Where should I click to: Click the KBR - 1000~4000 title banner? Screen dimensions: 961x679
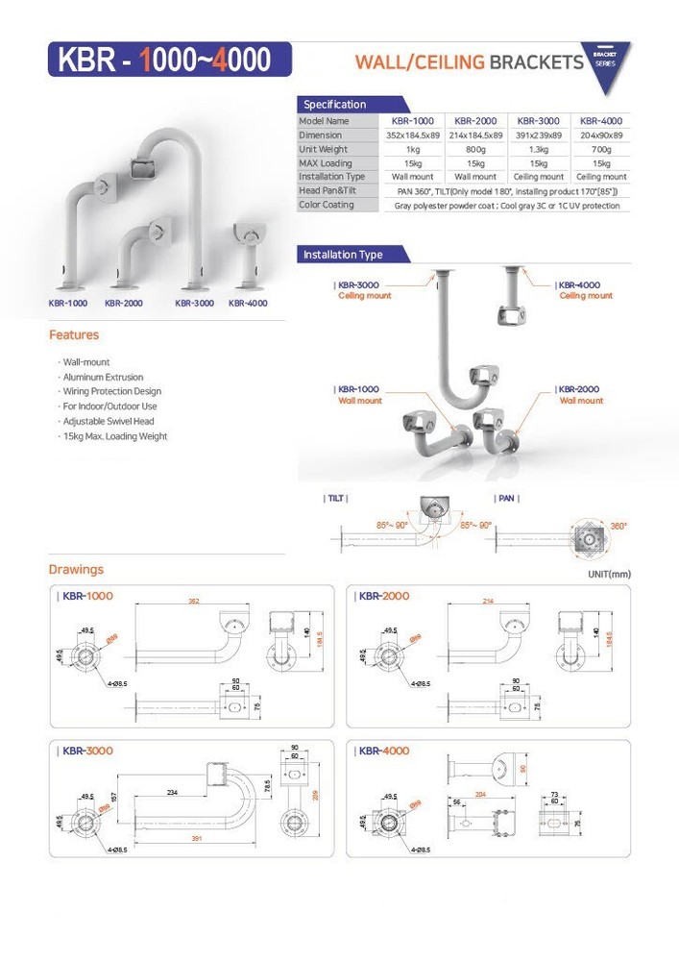(164, 60)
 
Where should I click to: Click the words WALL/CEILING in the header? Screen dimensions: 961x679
(420, 62)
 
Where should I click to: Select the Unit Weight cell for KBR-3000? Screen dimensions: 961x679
(538, 149)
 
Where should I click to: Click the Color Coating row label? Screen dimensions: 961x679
(327, 205)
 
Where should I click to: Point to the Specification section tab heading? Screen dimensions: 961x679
(335, 104)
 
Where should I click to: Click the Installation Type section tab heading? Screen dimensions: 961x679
(343, 255)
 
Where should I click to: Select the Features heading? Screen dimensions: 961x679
(74, 335)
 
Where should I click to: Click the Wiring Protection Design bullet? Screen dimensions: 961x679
(111, 391)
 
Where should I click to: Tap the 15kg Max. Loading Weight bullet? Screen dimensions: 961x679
(114, 436)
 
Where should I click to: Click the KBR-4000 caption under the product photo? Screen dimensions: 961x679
(248, 303)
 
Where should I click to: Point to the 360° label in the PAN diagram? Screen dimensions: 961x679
(618, 526)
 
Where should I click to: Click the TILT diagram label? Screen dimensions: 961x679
(335, 499)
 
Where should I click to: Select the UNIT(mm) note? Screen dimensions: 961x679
(608, 574)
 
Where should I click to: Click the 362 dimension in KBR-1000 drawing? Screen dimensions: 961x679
(194, 602)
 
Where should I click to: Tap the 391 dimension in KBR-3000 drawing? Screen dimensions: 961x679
(195, 838)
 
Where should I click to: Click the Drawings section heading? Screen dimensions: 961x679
(76, 570)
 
